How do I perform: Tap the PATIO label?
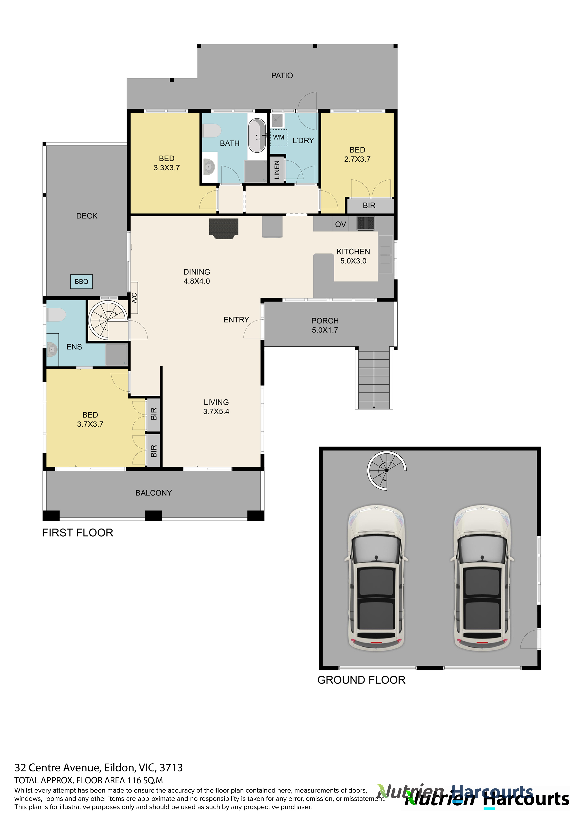click(282, 76)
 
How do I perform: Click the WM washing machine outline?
click(279, 137)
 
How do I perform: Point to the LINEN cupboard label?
click(276, 170)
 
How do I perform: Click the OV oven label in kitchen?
click(340, 224)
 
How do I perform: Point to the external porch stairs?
click(374, 379)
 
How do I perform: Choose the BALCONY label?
click(154, 493)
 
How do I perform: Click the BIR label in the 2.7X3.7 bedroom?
click(369, 206)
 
